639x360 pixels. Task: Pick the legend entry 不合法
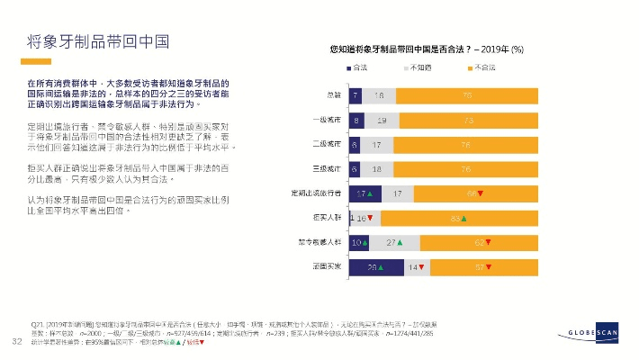pyautogui.click(x=483, y=68)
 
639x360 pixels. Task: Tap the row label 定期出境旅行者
pyautogui.click(x=313, y=193)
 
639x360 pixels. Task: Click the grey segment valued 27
pyautogui.click(x=392, y=243)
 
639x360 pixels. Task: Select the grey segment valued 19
pyautogui.click(x=382, y=119)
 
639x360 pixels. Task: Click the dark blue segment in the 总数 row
pyautogui.click(x=356, y=94)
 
